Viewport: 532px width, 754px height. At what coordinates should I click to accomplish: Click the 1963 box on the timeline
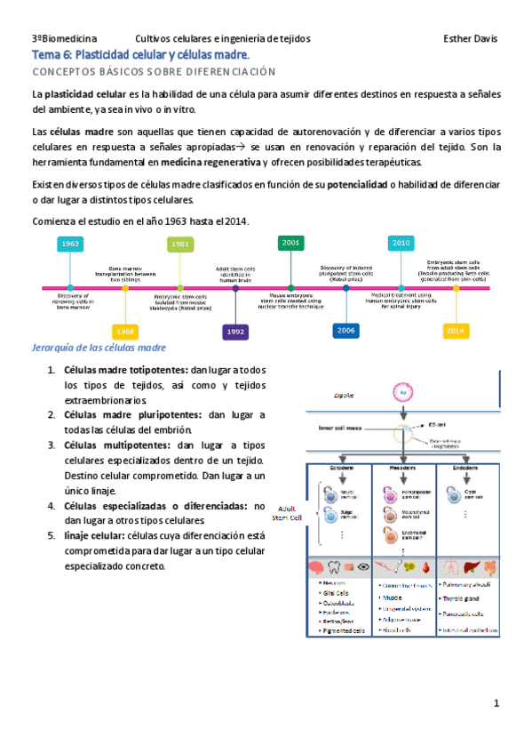click(70, 244)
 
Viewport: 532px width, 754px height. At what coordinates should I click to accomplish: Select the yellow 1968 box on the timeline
click(125, 331)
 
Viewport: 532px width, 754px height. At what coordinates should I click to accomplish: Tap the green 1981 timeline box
click(179, 244)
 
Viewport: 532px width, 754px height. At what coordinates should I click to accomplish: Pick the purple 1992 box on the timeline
click(234, 331)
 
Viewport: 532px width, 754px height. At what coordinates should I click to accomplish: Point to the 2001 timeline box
click(290, 242)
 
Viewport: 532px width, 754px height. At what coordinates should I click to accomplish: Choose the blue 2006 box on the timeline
click(346, 330)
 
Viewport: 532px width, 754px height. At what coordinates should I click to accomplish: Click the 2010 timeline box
click(401, 243)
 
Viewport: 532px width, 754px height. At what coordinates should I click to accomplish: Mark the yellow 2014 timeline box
click(456, 330)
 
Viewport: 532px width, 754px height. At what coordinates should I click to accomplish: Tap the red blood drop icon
click(428, 566)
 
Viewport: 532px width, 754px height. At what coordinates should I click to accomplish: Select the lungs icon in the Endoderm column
click(454, 566)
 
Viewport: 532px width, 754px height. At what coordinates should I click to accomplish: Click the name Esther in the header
click(458, 39)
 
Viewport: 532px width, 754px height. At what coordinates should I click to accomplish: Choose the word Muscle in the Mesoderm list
click(393, 598)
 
